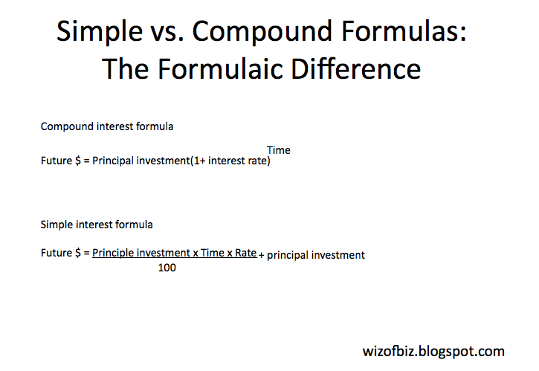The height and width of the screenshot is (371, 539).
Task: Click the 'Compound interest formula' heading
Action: pos(107,126)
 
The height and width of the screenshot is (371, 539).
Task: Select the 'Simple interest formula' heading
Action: pos(97,224)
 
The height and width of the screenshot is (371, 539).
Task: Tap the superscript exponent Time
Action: pos(279,150)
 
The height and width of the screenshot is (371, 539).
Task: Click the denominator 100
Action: pos(167,268)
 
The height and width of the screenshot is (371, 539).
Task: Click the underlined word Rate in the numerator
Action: pos(245,253)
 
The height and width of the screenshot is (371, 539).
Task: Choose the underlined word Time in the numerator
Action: pos(213,253)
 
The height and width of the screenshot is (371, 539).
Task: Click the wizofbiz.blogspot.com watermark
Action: pos(433,351)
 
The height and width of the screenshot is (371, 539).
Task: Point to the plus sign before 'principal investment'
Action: pos(262,255)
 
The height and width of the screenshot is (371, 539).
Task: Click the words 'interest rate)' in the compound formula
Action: pos(239,161)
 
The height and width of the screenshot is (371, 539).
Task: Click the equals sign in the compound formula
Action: pos(86,161)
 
